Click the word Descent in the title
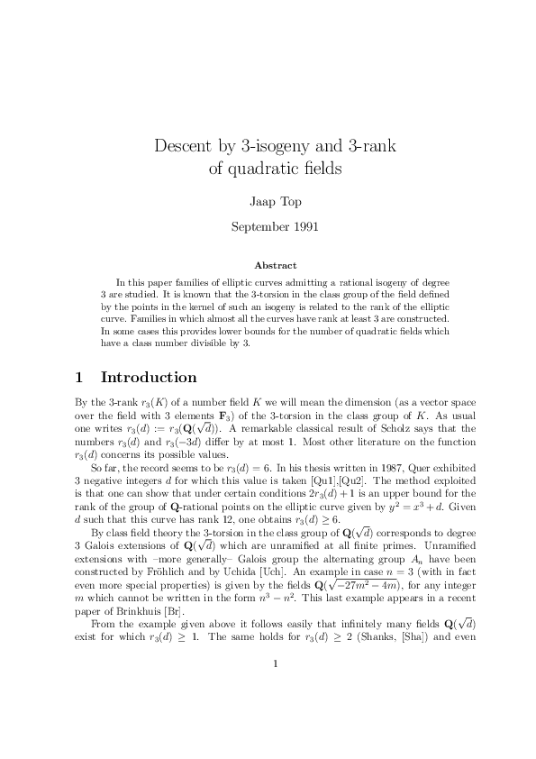click(x=185, y=145)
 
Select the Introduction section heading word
click(x=149, y=378)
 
